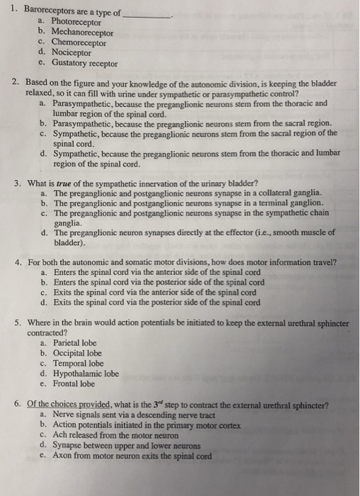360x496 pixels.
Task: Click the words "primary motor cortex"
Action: point(206,425)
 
